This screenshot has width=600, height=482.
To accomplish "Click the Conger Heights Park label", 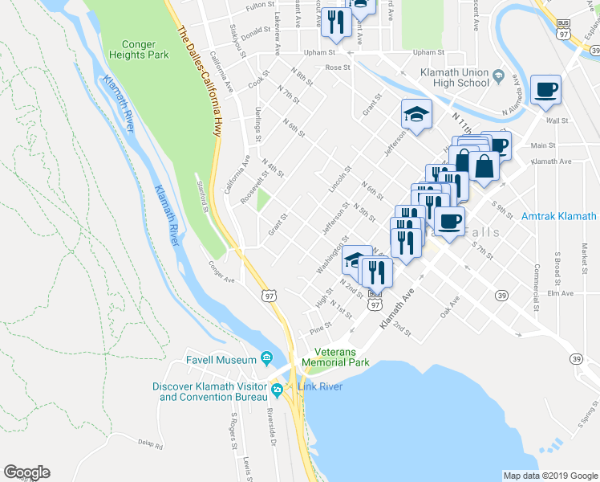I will coord(134,51).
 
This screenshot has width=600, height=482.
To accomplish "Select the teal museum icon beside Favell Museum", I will coord(266,359).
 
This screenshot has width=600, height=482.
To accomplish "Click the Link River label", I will coord(320,387).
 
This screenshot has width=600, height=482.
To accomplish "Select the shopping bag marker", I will coord(485,165).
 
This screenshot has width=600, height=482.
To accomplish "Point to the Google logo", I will coord(26,472).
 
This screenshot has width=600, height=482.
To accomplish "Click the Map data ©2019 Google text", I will coord(549,476).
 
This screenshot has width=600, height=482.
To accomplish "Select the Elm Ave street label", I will coord(561,293).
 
